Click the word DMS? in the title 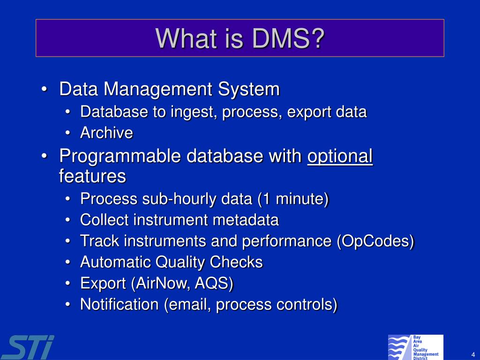[x=288, y=38]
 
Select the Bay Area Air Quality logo [x=415, y=347]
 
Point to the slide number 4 [x=473, y=354]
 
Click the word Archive [x=106, y=133]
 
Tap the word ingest [x=194, y=112]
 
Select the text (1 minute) [x=292, y=199]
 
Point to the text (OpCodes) [x=375, y=241]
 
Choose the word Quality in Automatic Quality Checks [x=182, y=262]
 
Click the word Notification [x=120, y=304]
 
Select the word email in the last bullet [x=184, y=304]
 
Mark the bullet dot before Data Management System [x=44, y=90]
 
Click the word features [x=92, y=177]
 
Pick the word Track [x=100, y=241]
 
